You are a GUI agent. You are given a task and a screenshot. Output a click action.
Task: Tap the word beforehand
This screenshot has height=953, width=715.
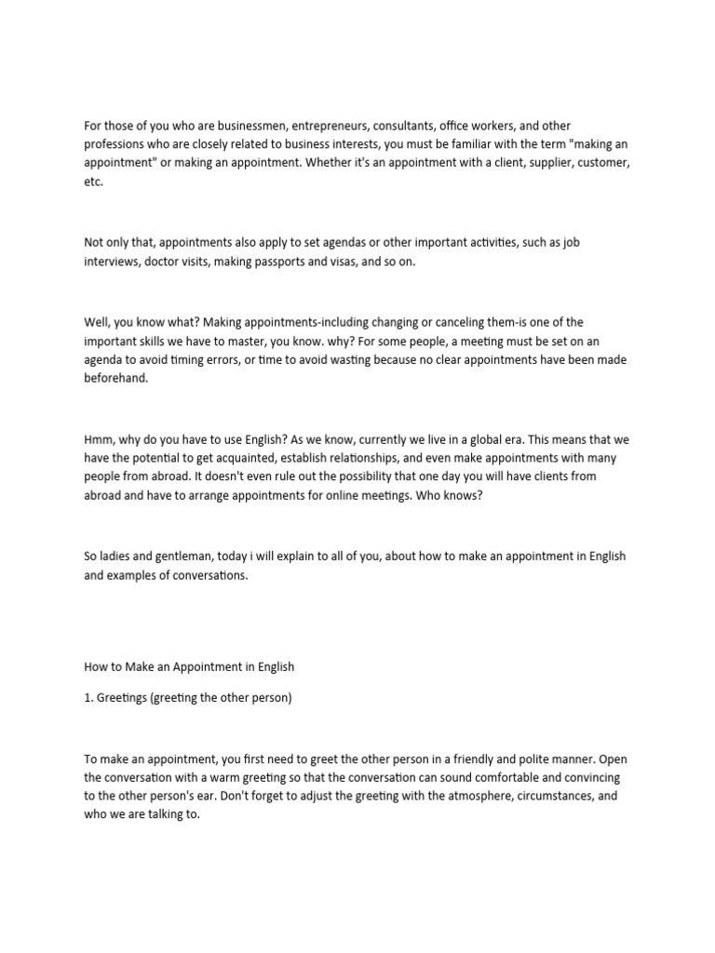pyautogui.click(x=115, y=379)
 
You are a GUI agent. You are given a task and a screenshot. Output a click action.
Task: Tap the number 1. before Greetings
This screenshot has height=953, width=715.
pyautogui.click(x=88, y=698)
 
